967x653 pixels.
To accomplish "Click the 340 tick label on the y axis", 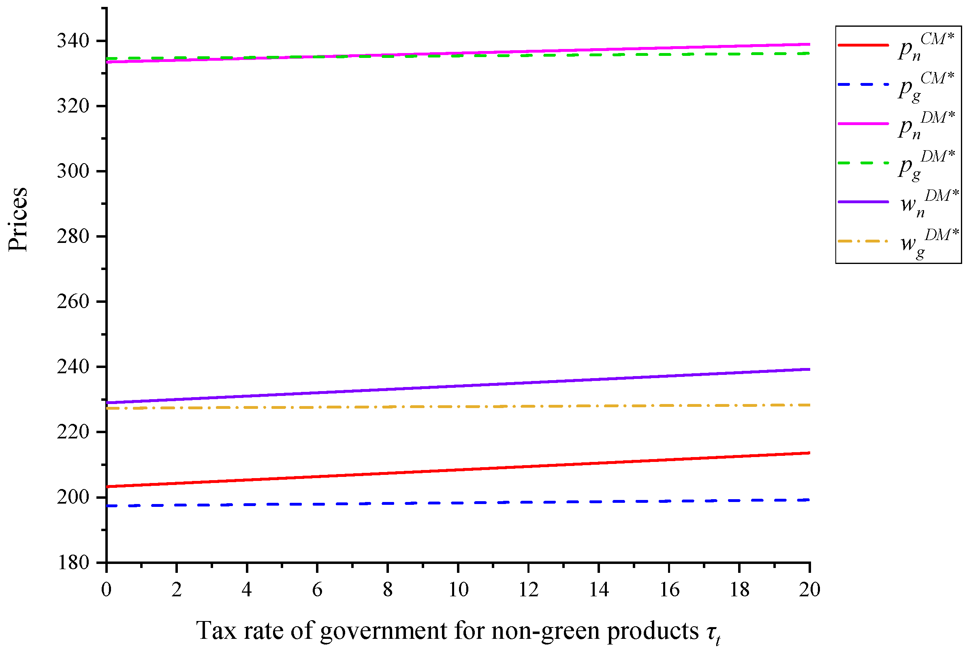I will pos(73,41).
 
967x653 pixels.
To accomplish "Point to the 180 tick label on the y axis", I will pos(73,563).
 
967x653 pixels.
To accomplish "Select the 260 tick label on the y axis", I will pos(73,302).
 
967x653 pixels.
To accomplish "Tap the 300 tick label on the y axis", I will pos(73,171).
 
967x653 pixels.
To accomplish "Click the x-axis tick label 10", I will pos(458,590).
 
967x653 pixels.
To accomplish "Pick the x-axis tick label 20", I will pos(809,590).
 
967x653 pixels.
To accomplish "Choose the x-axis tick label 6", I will pos(317,590).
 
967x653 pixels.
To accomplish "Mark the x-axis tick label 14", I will pos(599,590).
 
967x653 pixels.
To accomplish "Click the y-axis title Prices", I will pos(18,219).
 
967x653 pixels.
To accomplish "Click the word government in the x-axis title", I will pos(383,632).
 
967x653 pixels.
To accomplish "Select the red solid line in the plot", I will pos(458,470).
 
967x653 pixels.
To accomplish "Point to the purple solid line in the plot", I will pos(458,386).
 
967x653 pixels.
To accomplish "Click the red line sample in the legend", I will pos(862,45).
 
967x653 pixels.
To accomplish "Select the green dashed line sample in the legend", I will pos(862,163).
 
